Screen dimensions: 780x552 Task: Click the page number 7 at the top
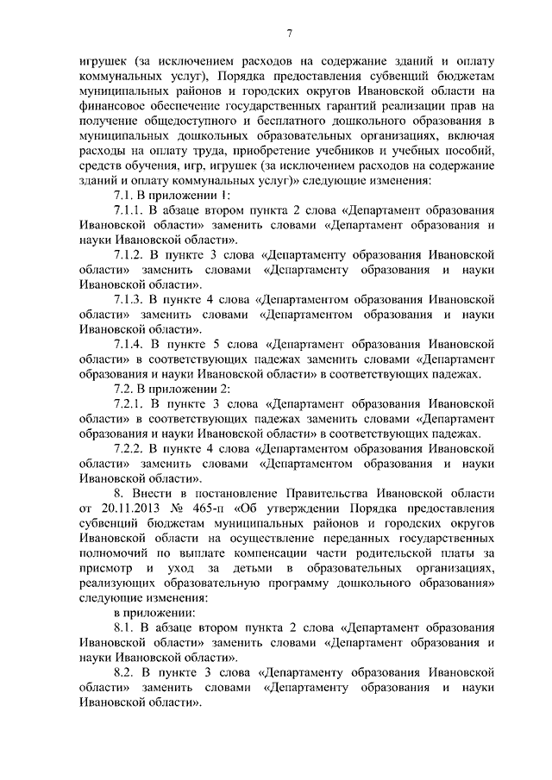point(291,33)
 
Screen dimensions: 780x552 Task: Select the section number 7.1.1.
point(131,209)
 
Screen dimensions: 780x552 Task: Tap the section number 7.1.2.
point(131,254)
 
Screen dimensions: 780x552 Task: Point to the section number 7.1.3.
point(131,299)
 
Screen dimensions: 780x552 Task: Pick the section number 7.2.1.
point(131,403)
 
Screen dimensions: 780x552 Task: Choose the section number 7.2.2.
point(131,448)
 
